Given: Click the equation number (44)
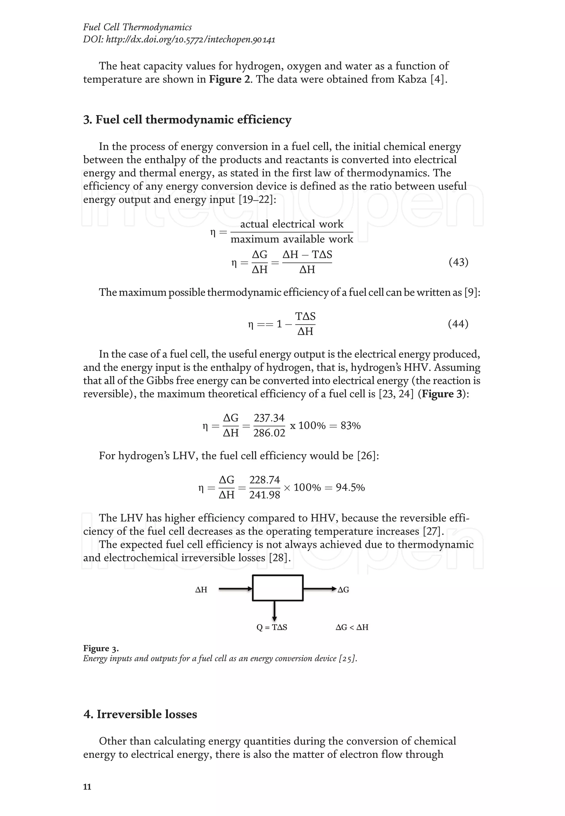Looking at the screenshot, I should click(x=458, y=324).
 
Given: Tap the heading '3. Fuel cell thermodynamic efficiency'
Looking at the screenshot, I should click(x=187, y=120).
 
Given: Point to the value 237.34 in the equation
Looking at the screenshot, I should click(x=269, y=418).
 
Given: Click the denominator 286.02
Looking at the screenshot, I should click(x=269, y=433).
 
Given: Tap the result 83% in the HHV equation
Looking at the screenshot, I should click(x=350, y=426).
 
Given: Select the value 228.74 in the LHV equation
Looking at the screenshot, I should click(x=265, y=480).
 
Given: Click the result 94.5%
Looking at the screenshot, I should click(x=350, y=487).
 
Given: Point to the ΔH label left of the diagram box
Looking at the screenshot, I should click(x=201, y=590).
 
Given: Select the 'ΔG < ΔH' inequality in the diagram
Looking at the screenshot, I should click(x=352, y=627).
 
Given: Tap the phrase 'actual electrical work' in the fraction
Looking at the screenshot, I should click(x=292, y=224).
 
